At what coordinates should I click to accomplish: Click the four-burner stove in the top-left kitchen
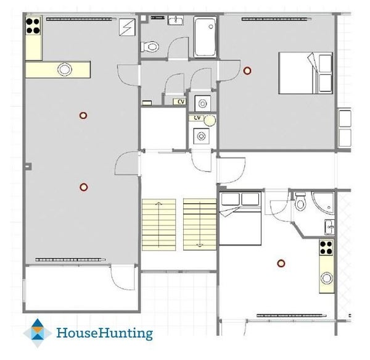tap(33, 26)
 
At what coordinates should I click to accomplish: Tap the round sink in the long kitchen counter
tap(64, 69)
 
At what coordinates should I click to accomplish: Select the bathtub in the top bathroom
tap(205, 36)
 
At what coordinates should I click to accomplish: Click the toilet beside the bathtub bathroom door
tap(150, 46)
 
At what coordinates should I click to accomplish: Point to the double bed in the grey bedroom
tap(305, 73)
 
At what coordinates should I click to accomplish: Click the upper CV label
tap(181, 101)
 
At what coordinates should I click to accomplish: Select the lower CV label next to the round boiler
tap(197, 118)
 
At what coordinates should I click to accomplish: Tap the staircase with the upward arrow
tap(159, 225)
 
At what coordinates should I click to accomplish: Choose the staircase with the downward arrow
tap(200, 224)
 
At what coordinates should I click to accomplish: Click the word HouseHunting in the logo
tap(105, 333)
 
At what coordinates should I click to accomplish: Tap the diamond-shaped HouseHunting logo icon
tap(37, 333)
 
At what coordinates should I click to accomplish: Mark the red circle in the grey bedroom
tap(247, 70)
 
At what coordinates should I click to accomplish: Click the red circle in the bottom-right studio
tap(281, 263)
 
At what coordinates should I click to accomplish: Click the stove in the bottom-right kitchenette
tap(326, 248)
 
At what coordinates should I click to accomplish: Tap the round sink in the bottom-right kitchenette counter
tap(327, 278)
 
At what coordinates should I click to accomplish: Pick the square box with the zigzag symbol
tap(127, 27)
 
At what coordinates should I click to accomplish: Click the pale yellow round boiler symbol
tap(210, 120)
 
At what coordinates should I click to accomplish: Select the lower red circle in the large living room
tap(83, 187)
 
